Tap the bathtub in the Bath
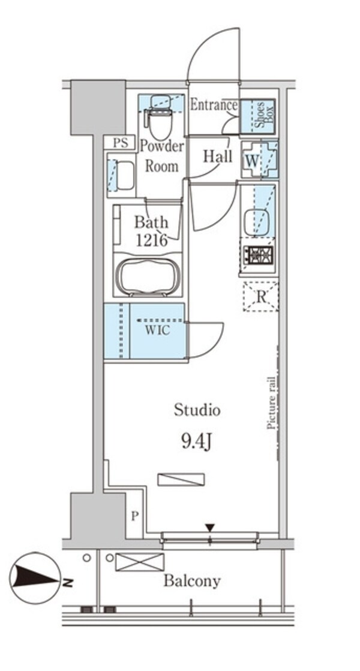click(x=148, y=276)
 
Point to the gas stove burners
click(x=258, y=254)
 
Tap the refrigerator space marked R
click(x=260, y=296)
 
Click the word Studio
click(x=197, y=410)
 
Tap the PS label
click(x=121, y=143)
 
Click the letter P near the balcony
click(x=135, y=516)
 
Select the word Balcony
click(x=192, y=581)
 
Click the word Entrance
click(x=213, y=105)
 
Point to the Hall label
click(x=217, y=156)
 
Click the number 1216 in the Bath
click(x=152, y=240)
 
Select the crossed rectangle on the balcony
click(x=140, y=562)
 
